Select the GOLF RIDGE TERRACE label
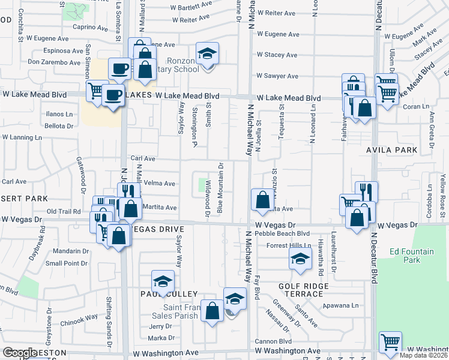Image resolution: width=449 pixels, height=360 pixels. point(304,290)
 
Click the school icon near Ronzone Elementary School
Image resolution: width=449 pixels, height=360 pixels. point(207,55)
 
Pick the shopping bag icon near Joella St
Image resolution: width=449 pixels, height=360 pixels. point(262,200)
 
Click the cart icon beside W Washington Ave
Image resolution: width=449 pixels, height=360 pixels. point(390,343)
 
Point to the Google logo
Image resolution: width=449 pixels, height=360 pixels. point(20,353)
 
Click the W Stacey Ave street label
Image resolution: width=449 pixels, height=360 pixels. point(277,55)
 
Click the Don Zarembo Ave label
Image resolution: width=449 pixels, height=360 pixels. point(55,62)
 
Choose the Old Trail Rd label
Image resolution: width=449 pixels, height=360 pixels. point(64,211)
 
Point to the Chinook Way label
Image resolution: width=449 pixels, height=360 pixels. point(79,317)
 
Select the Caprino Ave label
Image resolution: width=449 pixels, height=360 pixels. point(90,28)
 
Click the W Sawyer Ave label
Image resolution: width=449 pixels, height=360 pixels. point(277,76)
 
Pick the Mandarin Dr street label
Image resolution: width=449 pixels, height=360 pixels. point(70,251)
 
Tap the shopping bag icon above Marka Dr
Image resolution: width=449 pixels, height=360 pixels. point(211,311)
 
